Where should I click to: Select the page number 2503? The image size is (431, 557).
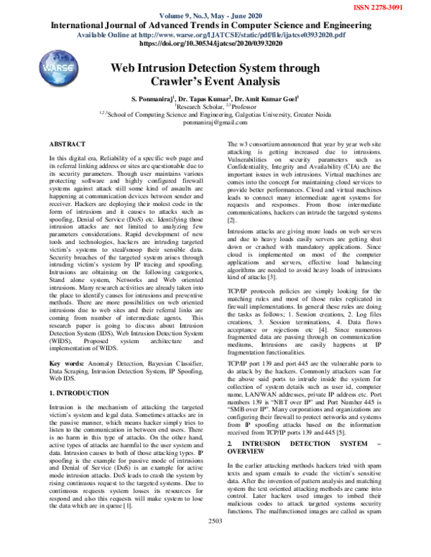[215, 540]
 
